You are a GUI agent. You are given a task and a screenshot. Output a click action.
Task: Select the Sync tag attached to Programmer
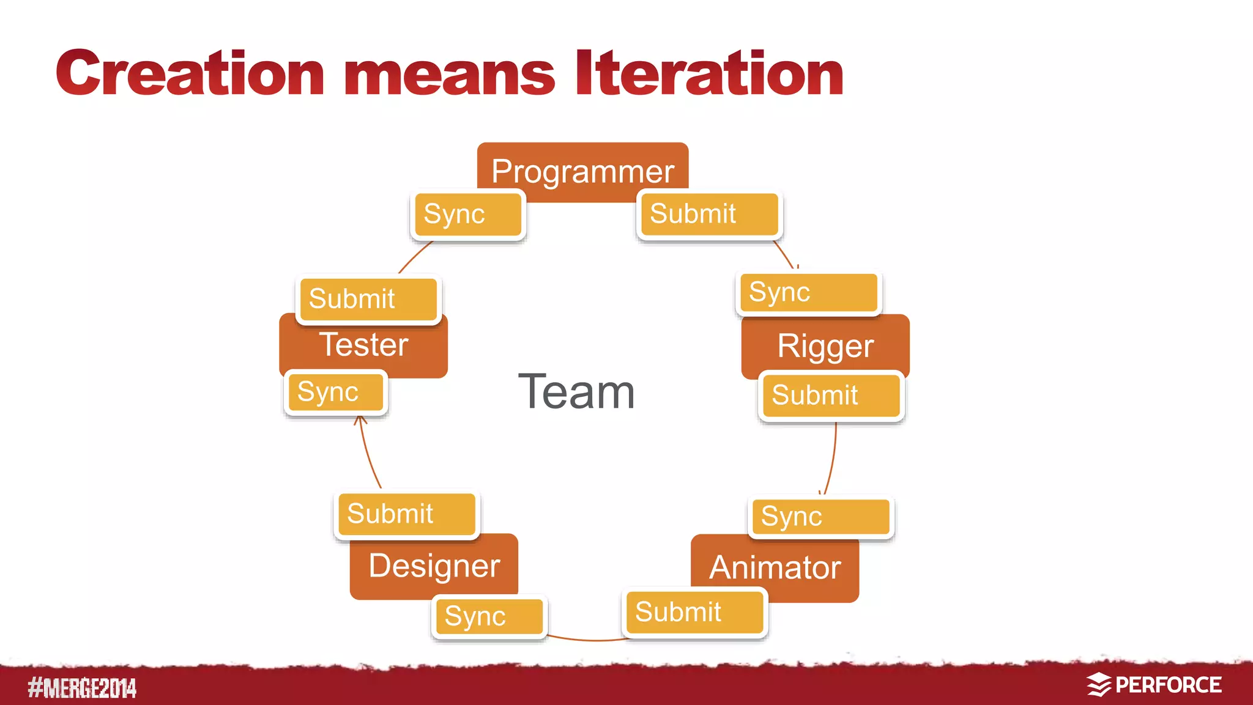pyautogui.click(x=467, y=214)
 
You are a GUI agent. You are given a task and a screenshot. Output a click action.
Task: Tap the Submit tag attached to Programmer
pyautogui.click(x=708, y=214)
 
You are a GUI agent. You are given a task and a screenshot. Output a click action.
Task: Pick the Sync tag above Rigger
pyautogui.click(x=808, y=292)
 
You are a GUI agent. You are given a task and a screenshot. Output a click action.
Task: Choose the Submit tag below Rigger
pyautogui.click(x=831, y=396)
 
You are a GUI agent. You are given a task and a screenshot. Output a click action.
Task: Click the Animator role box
pyautogui.click(x=775, y=567)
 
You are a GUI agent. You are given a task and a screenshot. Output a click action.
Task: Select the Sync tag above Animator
pyautogui.click(x=820, y=517)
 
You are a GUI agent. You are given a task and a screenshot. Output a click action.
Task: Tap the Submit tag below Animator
pyautogui.click(x=694, y=612)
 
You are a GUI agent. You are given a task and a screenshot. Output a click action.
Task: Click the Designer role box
pyautogui.click(x=434, y=566)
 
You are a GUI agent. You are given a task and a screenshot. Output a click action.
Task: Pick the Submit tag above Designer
pyautogui.click(x=406, y=514)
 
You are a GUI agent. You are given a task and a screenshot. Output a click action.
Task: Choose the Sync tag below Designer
pyautogui.click(x=489, y=616)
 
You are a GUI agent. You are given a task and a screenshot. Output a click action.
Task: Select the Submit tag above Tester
pyautogui.click(x=368, y=299)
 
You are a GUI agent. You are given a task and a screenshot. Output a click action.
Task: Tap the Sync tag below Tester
pyautogui.click(x=335, y=392)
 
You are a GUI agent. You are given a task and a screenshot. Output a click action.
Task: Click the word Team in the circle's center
pyautogui.click(x=576, y=392)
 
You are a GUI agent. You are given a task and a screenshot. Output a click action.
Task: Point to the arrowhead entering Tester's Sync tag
pyautogui.click(x=360, y=420)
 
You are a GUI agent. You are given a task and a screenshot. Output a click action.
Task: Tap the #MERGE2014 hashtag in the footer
pyautogui.click(x=82, y=688)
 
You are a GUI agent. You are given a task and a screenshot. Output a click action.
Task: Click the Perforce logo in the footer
pyautogui.click(x=1154, y=685)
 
